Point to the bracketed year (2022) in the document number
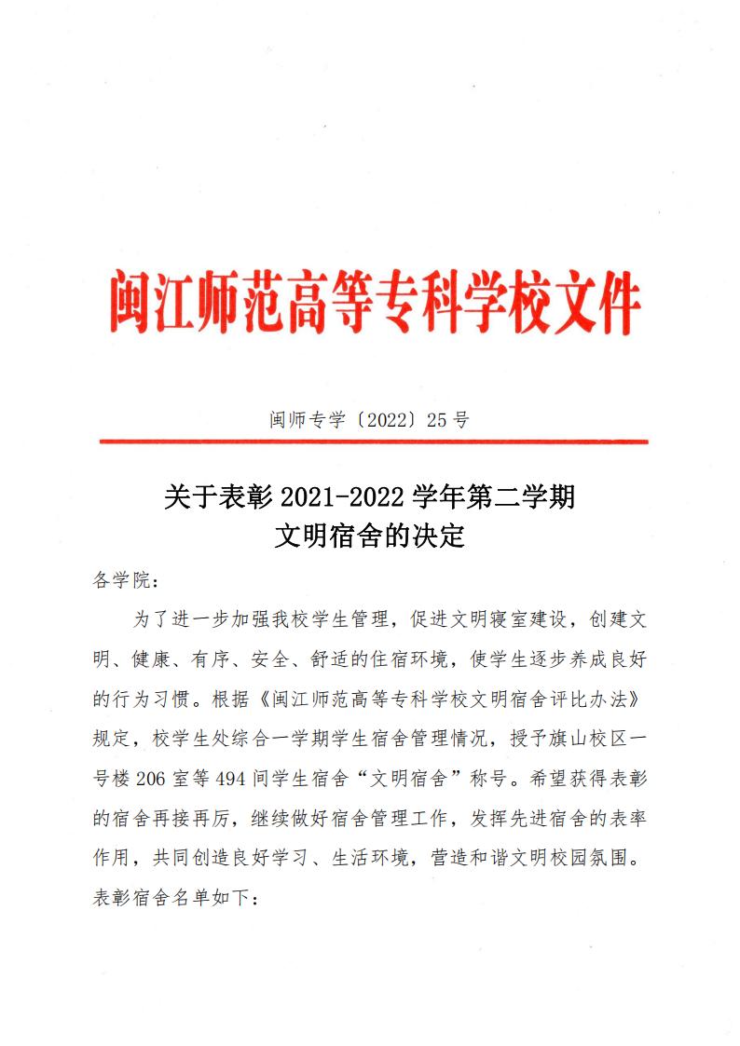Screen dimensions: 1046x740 [x=374, y=419]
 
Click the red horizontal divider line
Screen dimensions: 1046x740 [x=373, y=441]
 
